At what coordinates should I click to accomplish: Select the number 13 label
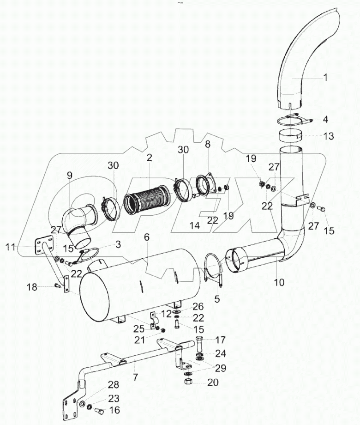328,136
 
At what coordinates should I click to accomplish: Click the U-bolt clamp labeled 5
212,270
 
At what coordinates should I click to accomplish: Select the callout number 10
279,281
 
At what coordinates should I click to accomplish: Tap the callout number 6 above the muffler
147,237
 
